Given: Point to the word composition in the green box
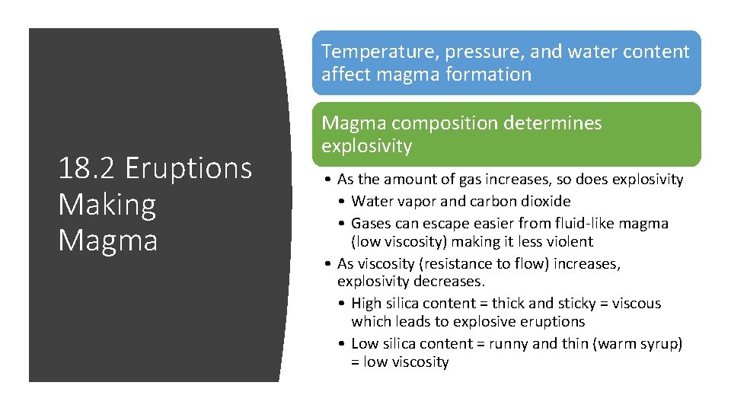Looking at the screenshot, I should [436, 123].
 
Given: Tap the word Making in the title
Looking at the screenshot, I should [107, 204].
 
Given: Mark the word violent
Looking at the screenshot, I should [567, 242].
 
